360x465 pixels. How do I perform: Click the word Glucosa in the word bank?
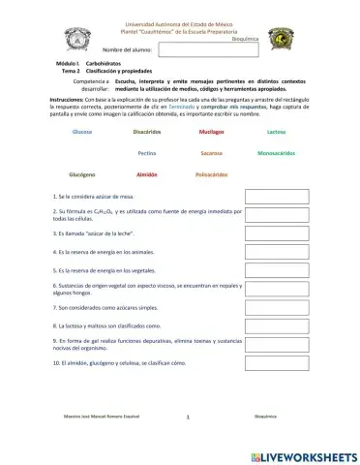[82, 130]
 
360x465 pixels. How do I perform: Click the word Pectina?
[148, 153]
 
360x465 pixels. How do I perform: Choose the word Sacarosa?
[211, 153]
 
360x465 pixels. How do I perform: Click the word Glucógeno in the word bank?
[82, 174]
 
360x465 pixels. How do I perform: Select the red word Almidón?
[147, 174]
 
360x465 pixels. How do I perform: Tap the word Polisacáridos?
[211, 174]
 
